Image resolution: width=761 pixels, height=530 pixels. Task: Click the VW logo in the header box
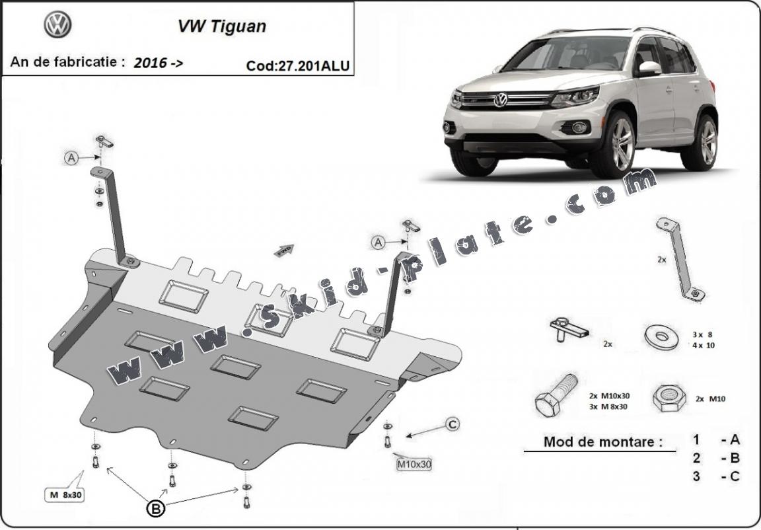57,24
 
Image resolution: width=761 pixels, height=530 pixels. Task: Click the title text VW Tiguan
222,26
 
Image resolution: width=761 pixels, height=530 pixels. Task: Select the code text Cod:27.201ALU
297,65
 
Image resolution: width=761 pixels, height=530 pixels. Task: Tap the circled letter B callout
156,508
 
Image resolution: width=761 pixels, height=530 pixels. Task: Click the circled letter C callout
453,425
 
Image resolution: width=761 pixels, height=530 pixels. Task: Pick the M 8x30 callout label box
65,494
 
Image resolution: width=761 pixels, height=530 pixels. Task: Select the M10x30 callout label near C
414,465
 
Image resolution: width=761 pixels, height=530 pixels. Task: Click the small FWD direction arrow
284,250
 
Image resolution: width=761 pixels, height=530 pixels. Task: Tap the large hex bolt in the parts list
556,395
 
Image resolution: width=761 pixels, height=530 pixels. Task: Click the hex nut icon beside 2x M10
669,398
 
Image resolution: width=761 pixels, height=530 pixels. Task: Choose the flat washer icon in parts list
661,337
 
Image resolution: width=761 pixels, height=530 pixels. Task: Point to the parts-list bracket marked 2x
680,259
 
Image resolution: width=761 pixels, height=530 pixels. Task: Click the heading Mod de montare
602,441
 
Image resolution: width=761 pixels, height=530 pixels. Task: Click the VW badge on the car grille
500,100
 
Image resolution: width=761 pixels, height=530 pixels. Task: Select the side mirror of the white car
649,69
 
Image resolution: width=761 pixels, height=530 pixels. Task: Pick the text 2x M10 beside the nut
710,399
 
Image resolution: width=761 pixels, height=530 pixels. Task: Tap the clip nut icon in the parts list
569,330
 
